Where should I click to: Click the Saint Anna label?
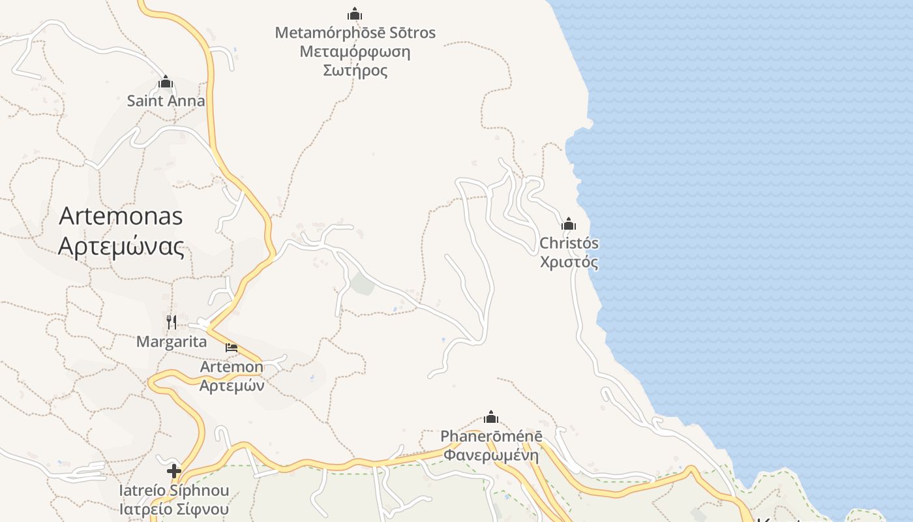166,101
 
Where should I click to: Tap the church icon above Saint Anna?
166,82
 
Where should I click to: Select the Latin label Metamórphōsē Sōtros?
355,33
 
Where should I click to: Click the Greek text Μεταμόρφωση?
355,52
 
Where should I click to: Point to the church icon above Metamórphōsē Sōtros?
355,14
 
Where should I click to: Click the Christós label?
569,243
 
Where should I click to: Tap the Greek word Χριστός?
569,262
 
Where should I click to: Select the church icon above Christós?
569,224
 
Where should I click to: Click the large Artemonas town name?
121,216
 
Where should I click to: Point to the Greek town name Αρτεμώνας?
121,247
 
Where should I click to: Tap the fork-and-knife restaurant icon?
172,322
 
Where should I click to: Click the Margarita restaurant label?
172,341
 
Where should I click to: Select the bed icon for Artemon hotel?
232,347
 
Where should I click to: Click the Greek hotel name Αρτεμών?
232,385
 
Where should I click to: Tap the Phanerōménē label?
491,436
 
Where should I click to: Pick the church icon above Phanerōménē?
491,418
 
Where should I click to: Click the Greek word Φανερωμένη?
491,455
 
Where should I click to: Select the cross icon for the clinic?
173,470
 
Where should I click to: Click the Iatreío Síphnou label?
173,490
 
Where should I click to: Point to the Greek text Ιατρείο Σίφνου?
173,509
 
